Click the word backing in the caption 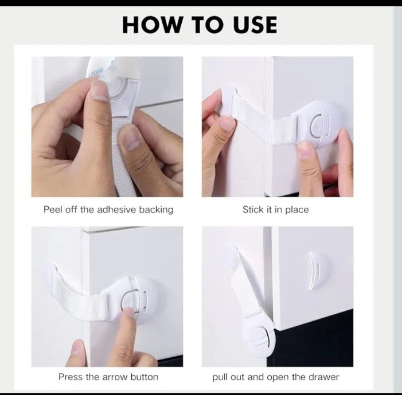[x=156, y=210]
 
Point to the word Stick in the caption [x=253, y=210]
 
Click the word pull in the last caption [x=220, y=378]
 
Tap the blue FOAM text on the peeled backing [x=97, y=71]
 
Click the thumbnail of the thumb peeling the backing [x=99, y=90]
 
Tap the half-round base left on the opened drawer [x=319, y=271]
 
